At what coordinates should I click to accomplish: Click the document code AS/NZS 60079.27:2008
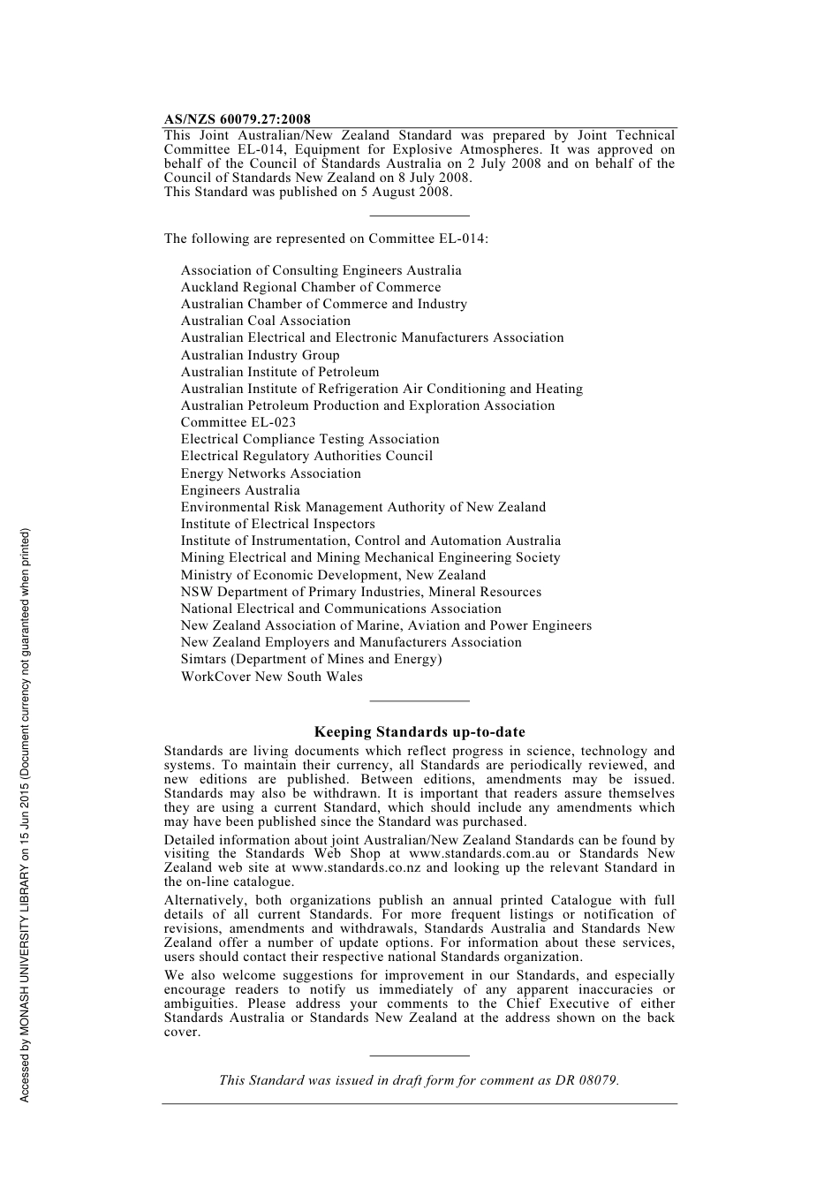pos(237,119)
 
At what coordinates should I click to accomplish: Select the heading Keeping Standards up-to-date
pos(419,731)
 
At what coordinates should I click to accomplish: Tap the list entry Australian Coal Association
pos(265,321)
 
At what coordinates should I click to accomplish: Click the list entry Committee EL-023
pos(238,422)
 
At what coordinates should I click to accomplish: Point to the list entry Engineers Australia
pos(240,490)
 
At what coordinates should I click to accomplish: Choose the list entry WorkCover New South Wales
pos(271,677)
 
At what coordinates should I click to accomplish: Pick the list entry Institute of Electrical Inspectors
pos(277,524)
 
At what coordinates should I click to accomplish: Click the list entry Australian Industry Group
pos(260,355)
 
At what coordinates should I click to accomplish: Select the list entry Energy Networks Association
pos(270,473)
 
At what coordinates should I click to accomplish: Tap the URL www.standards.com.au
pos(479,853)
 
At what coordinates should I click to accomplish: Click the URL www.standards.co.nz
pos(356,867)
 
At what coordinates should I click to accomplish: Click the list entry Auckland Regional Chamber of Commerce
pos(310,287)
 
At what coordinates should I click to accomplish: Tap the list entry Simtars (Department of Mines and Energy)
pos(311,659)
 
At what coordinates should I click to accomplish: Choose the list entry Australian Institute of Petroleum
pos(279,372)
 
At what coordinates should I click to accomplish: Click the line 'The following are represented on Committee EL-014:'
pos(326,238)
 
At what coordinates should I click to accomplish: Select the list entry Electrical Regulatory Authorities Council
pos(306,456)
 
